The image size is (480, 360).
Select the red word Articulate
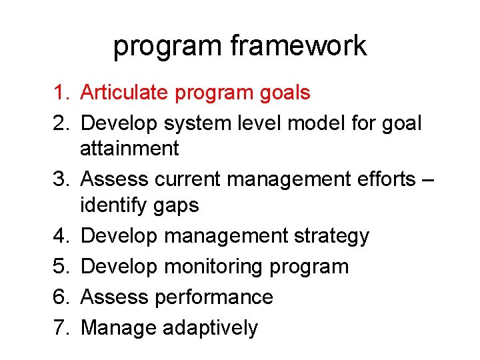coord(124,93)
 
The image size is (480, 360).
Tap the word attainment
coord(129,149)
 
